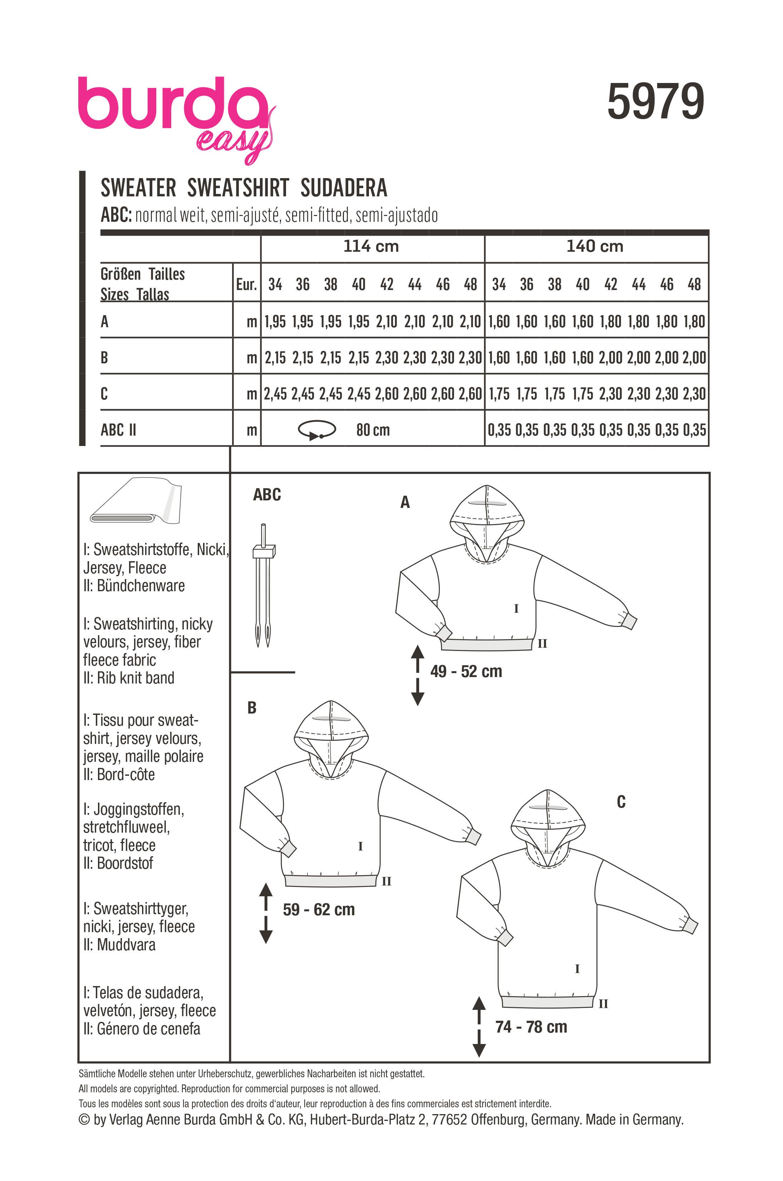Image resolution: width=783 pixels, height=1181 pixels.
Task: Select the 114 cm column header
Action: click(371, 246)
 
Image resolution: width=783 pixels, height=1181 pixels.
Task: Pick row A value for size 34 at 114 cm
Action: click(275, 322)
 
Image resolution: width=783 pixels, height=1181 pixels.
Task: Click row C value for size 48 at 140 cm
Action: click(694, 394)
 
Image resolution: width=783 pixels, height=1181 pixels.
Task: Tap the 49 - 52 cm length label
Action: click(466, 671)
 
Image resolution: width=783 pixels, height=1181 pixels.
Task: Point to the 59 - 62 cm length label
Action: click(319, 909)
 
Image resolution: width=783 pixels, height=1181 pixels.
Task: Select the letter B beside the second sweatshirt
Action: click(252, 707)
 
